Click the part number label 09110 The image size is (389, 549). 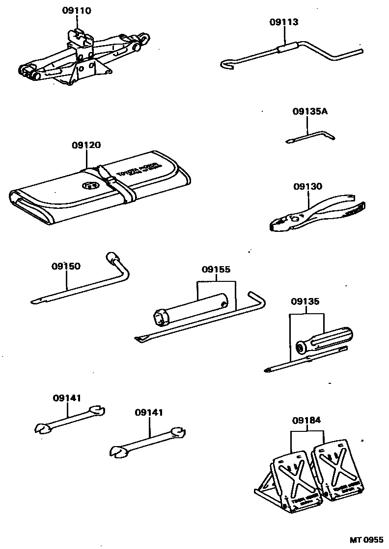[77, 10]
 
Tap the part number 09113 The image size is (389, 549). [284, 22]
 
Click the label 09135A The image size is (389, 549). [310, 112]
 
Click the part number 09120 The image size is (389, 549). [86, 145]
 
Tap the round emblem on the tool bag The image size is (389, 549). [90, 186]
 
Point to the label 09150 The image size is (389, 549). [66, 266]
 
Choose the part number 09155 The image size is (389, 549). [216, 270]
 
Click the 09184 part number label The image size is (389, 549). [306, 420]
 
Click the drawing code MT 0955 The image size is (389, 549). [366, 540]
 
